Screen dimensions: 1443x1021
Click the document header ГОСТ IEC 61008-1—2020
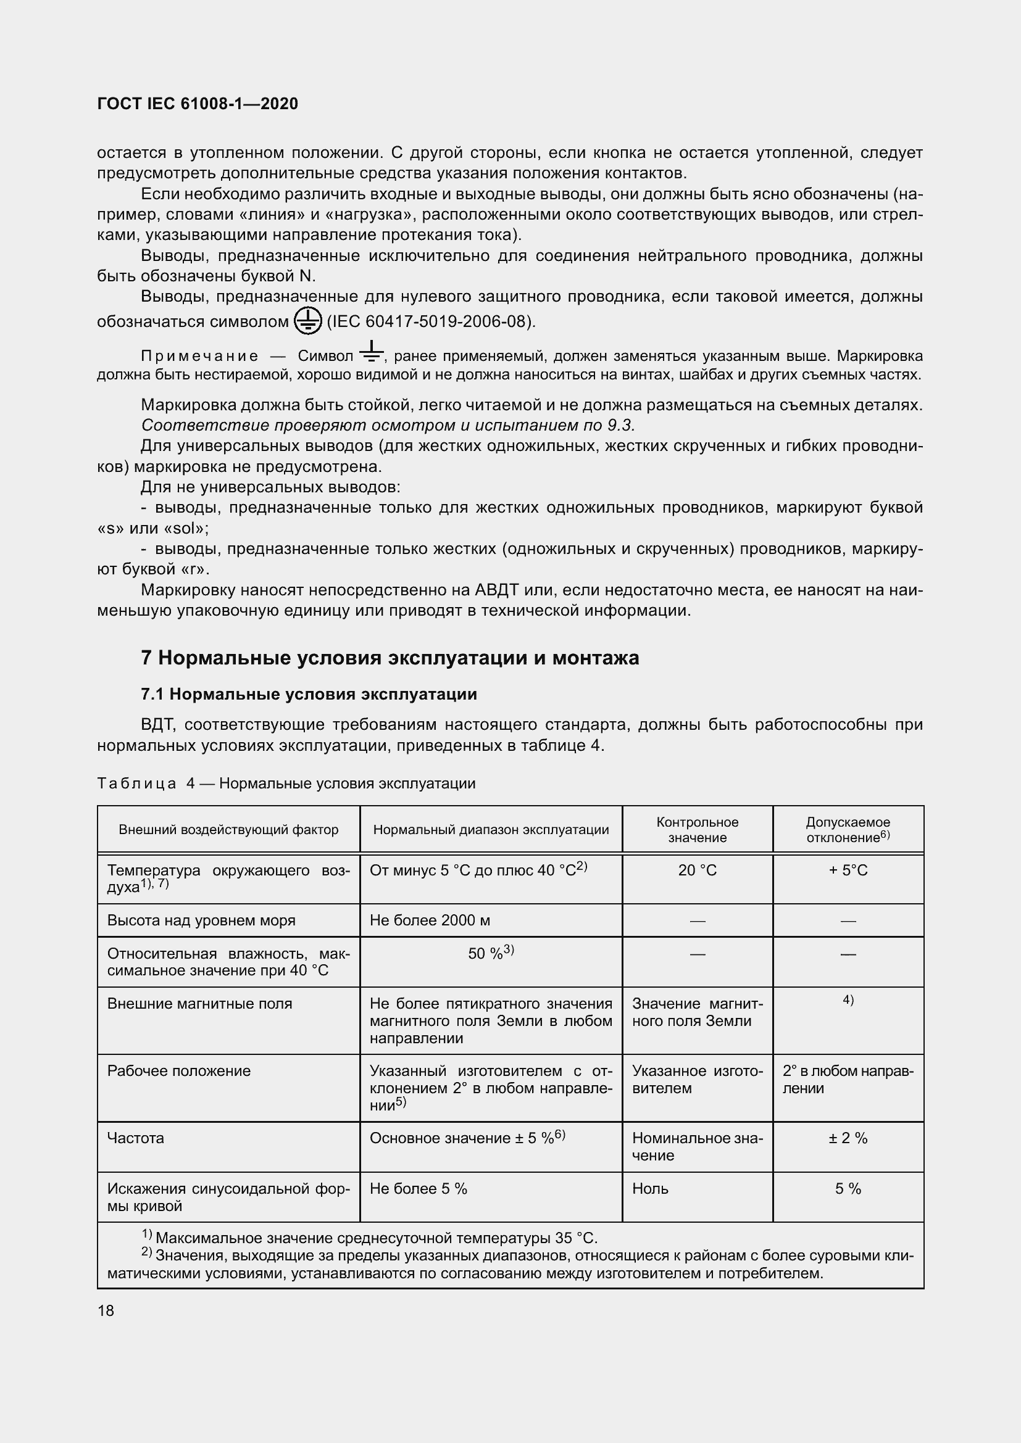point(198,104)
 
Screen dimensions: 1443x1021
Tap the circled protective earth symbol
point(307,321)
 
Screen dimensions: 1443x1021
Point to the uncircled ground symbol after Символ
point(372,352)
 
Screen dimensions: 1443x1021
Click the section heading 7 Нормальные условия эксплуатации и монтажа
point(390,658)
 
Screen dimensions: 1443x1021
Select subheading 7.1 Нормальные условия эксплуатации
point(309,694)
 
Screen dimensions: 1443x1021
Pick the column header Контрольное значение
point(696,830)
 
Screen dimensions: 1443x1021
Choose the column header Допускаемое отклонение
point(848,830)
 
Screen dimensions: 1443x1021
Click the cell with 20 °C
point(696,870)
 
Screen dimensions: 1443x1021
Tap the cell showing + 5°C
point(848,870)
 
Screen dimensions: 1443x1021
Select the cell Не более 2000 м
point(430,920)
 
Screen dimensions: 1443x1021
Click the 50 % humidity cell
point(490,953)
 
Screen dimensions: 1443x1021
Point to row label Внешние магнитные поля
point(199,1004)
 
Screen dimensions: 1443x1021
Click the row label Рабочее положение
point(178,1071)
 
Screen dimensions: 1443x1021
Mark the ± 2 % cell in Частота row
point(848,1138)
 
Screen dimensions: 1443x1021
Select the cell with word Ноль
point(650,1188)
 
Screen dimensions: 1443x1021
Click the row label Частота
point(135,1138)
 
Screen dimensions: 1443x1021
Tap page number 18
point(106,1310)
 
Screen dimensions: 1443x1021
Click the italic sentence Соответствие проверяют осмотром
point(388,426)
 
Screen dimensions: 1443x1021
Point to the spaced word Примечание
point(199,357)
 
